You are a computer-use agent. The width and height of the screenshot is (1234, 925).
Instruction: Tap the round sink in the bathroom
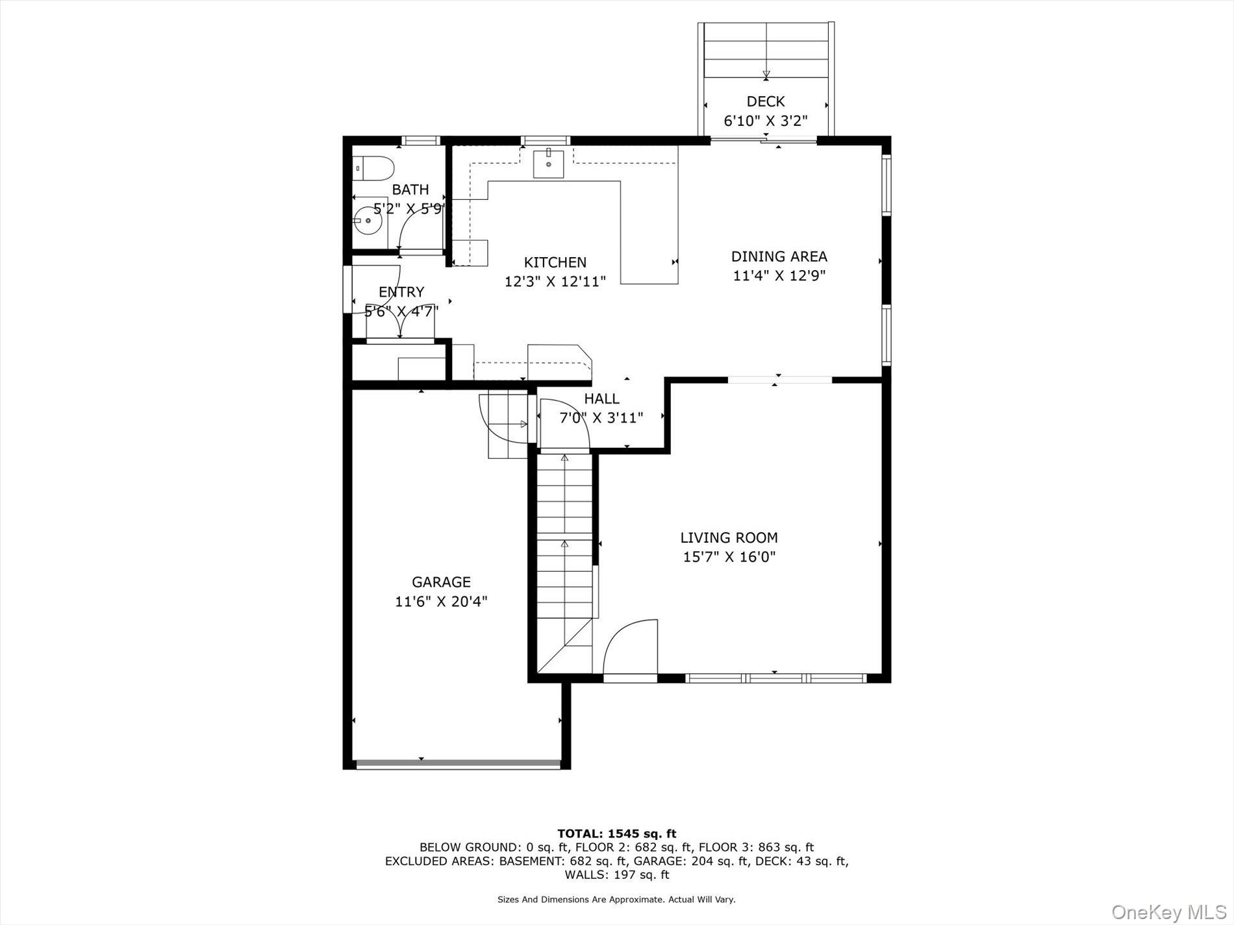[x=368, y=221]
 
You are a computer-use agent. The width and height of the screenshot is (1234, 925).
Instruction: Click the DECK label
[x=766, y=102]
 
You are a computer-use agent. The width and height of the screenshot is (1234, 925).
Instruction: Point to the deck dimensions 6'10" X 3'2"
[x=766, y=121]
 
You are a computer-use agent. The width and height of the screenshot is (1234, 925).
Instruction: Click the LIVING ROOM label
[x=729, y=537]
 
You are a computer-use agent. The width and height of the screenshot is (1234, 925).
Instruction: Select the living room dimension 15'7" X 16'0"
[x=729, y=557]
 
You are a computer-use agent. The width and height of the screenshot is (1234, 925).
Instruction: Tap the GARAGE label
[x=441, y=582]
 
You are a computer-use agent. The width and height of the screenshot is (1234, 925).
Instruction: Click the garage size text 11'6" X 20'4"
[x=441, y=602]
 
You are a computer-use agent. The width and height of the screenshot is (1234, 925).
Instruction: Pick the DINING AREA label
[x=779, y=256]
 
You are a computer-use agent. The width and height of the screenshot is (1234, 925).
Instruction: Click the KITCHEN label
[x=555, y=262]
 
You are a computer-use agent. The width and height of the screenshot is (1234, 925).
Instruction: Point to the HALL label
[x=601, y=399]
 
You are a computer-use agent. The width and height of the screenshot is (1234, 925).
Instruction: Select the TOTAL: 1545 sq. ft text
[x=616, y=833]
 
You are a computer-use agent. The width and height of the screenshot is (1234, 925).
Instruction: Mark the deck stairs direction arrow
[x=766, y=74]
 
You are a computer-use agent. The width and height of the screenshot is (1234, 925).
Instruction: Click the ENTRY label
[x=401, y=292]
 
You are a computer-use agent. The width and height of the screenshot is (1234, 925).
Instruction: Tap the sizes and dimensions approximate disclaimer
[x=616, y=900]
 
